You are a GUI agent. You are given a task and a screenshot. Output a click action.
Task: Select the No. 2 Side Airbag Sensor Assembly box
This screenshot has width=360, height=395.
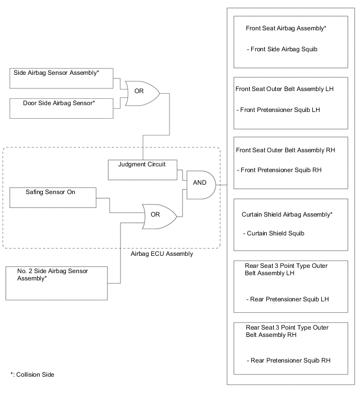point(57,283)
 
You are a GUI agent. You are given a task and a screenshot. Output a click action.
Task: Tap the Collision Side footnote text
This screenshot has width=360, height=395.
point(32,375)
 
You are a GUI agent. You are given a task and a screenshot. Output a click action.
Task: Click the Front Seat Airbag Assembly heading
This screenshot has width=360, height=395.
point(286,28)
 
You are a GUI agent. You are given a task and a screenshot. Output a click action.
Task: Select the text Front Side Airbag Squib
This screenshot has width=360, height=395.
point(282,49)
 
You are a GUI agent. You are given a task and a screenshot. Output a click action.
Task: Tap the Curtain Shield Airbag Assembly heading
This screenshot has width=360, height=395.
point(287,215)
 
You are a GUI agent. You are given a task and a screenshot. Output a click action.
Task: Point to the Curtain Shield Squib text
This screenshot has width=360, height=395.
point(274,233)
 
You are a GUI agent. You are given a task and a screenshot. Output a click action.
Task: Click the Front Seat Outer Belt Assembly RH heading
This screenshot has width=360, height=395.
point(285,150)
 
